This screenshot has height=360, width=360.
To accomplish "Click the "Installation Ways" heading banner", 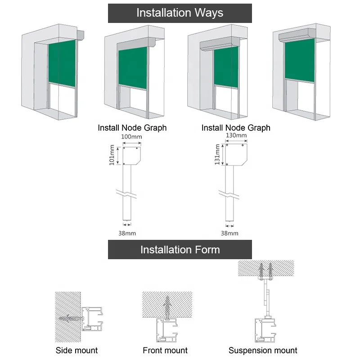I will pyautogui.click(x=180, y=13).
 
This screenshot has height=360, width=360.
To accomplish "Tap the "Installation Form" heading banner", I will pyautogui.click(x=180, y=249).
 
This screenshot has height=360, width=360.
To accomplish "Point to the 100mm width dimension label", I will pyautogui.click(x=132, y=136).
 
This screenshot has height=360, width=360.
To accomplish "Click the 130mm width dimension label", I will pyautogui.click(x=236, y=135).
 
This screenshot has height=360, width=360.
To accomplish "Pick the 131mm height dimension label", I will pyautogui.click(x=217, y=154).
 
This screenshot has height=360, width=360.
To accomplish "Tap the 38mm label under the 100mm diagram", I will pyautogui.click(x=127, y=233).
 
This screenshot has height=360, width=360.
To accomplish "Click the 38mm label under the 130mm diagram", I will pyautogui.click(x=229, y=233).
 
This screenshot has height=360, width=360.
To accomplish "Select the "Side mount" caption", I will pyautogui.click(x=76, y=350).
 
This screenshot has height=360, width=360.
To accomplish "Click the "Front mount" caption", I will pyautogui.click(x=165, y=350).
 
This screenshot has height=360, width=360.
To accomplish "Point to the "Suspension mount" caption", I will pyautogui.click(x=263, y=350).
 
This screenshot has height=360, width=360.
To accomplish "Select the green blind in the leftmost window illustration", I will pyautogui.click(x=61, y=62).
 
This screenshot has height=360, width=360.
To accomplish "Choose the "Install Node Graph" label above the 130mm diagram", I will pyautogui.click(x=236, y=128).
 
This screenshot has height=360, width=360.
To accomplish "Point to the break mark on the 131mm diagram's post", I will pyautogui.click(x=229, y=194).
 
